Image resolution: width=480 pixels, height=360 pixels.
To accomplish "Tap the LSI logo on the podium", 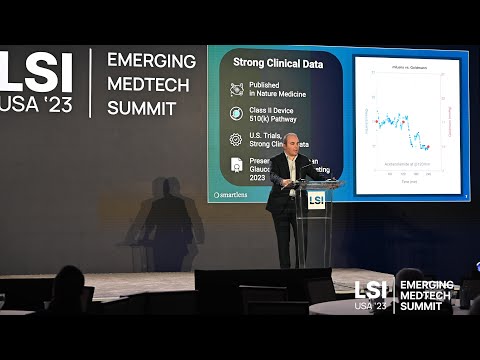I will click(x=316, y=199).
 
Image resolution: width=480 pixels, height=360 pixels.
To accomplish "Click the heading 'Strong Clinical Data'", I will click(x=278, y=62).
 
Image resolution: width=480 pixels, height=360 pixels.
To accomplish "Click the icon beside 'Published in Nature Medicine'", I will click(x=236, y=89).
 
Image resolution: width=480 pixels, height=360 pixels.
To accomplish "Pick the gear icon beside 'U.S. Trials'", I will click(x=236, y=139).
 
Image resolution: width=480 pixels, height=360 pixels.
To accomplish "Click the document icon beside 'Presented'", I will click(x=236, y=164).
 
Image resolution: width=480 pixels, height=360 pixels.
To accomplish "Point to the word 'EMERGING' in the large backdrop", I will click(x=151, y=61).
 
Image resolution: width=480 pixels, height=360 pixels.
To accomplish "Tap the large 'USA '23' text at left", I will click(x=36, y=104).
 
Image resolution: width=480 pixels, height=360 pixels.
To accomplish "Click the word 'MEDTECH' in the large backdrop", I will click(x=148, y=85).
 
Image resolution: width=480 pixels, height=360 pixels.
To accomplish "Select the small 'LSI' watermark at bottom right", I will click(x=370, y=291).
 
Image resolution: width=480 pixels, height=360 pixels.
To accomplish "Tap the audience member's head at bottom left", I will click(x=69, y=285).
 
